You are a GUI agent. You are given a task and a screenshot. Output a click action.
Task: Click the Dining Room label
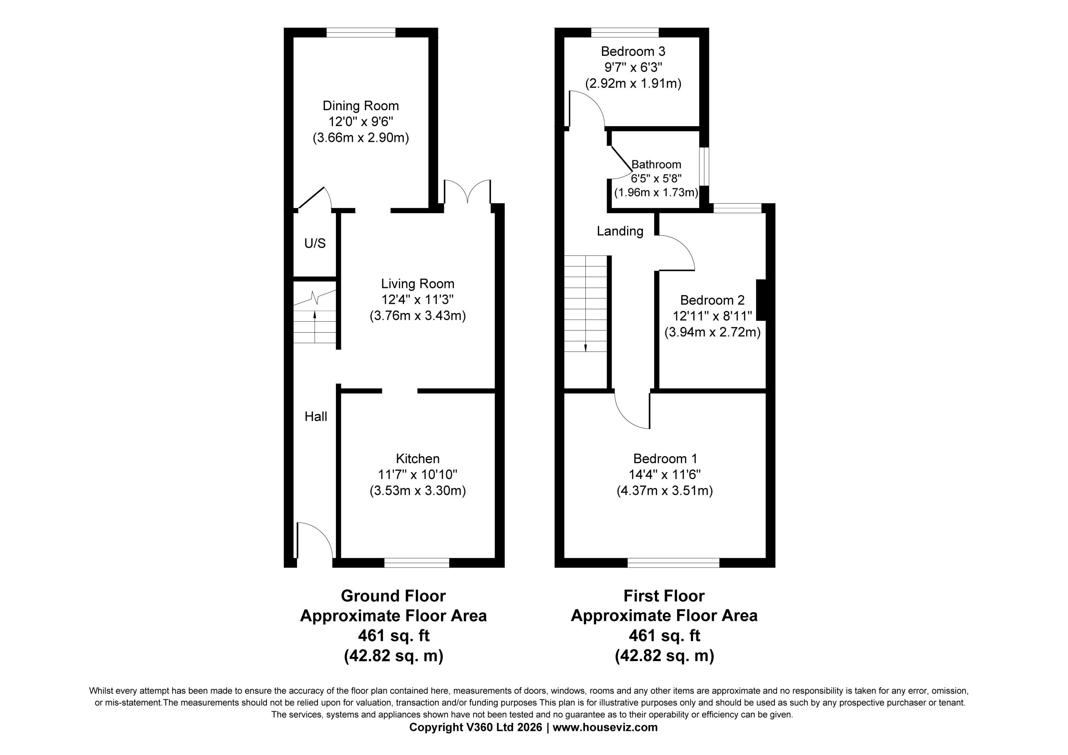(x=360, y=106)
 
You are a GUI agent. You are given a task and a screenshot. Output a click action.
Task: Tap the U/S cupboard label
(x=315, y=243)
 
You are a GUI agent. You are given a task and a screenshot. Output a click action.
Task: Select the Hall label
(x=316, y=417)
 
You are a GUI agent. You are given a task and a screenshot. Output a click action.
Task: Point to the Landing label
(x=620, y=231)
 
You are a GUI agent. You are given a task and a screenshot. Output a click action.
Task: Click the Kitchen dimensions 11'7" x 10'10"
(x=418, y=475)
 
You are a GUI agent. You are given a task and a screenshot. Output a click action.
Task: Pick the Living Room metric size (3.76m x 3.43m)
(x=418, y=316)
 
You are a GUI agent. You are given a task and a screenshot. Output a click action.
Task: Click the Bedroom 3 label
(x=633, y=51)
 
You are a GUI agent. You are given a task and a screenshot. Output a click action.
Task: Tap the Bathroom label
(x=656, y=164)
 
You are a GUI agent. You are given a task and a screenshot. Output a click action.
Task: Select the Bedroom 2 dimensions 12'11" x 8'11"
(x=712, y=316)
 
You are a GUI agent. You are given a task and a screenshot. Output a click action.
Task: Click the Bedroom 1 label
(x=665, y=459)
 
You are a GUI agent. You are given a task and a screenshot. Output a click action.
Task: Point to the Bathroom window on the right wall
(x=705, y=167)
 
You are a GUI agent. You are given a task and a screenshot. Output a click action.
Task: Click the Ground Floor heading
(x=393, y=596)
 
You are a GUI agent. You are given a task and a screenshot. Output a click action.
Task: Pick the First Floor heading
(x=664, y=596)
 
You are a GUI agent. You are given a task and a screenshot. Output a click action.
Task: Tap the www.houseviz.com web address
(x=605, y=727)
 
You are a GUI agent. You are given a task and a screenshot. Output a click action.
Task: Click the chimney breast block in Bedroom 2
(x=761, y=300)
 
